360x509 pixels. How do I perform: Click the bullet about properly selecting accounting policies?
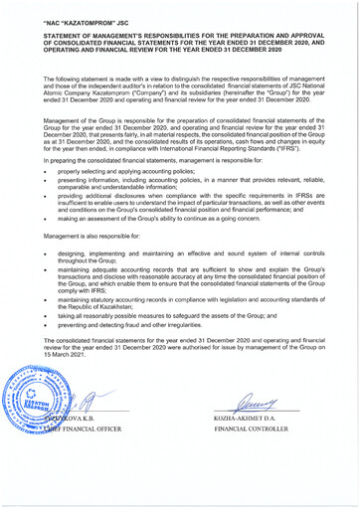[129, 170]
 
